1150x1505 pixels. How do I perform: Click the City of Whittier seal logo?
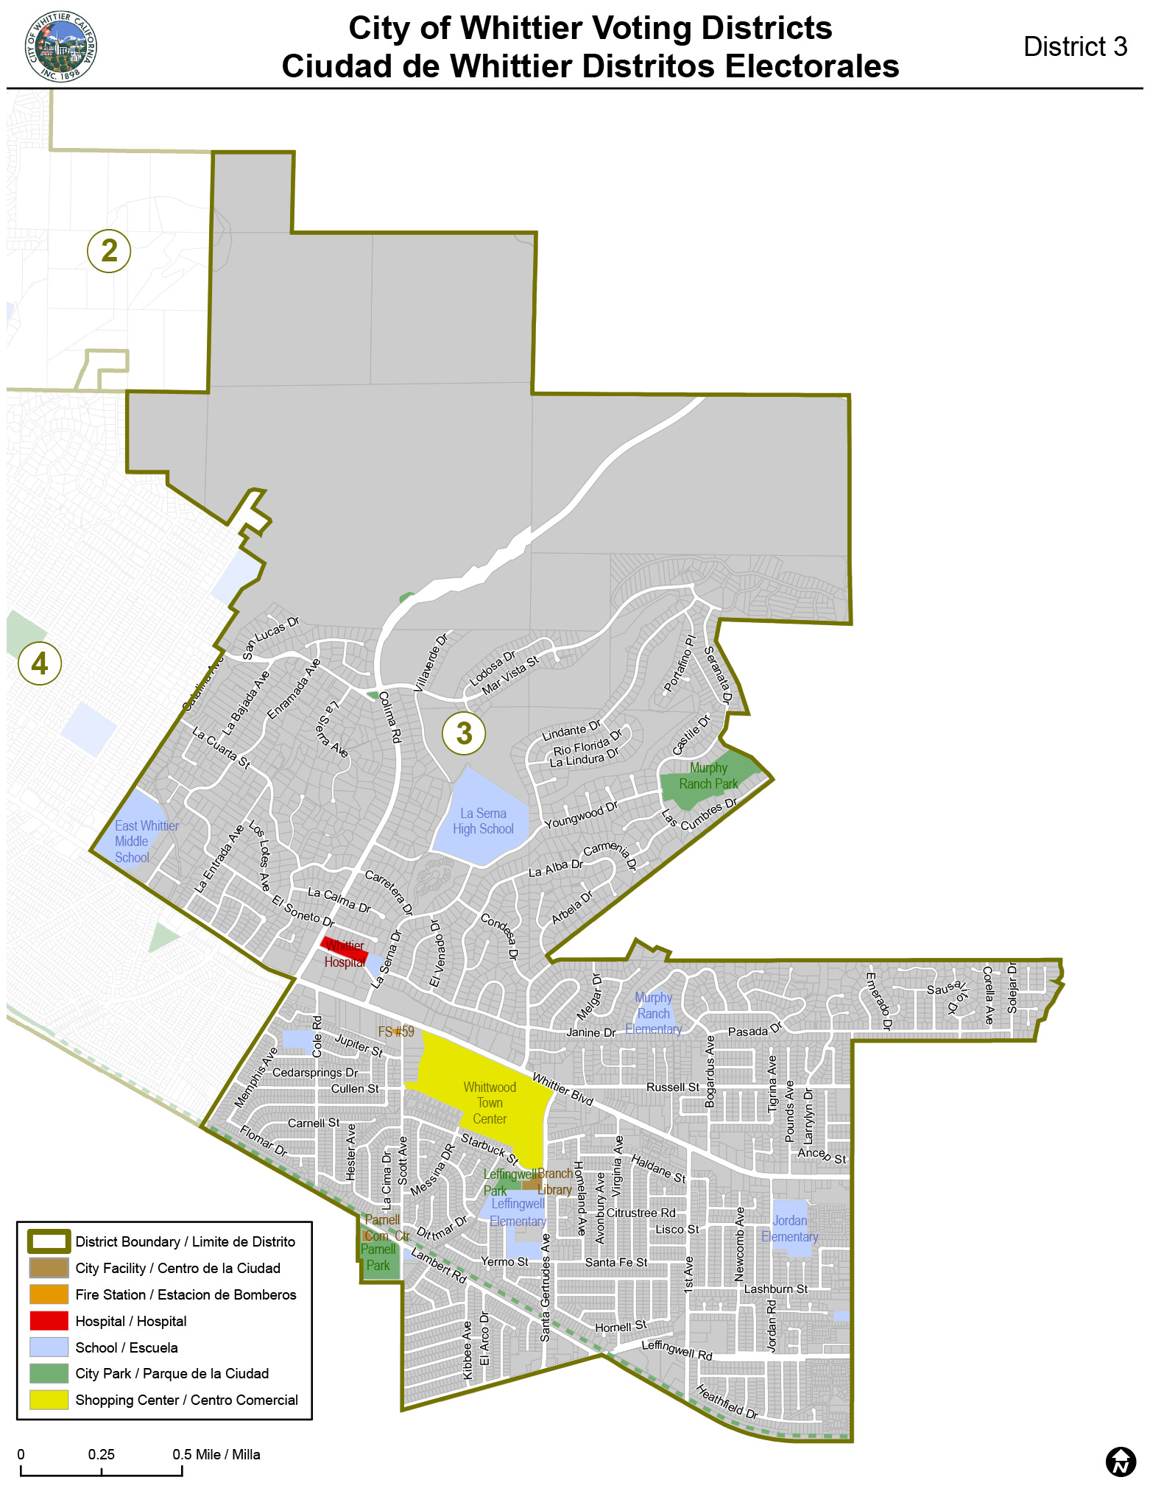pyautogui.click(x=61, y=46)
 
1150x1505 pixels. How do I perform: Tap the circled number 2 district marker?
pyautogui.click(x=109, y=250)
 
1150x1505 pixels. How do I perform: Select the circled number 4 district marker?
pyautogui.click(x=40, y=663)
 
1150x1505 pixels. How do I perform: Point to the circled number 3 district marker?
pyautogui.click(x=464, y=733)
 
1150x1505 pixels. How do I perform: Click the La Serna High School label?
pyautogui.click(x=483, y=821)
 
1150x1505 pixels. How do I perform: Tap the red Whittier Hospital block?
pyautogui.click(x=344, y=950)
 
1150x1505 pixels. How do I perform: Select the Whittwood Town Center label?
pyautogui.click(x=490, y=1103)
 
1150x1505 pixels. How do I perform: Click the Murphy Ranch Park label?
pyautogui.click(x=708, y=776)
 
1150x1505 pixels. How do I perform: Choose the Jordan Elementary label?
pyautogui.click(x=790, y=1229)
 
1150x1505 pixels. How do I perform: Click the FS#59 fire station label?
pyautogui.click(x=396, y=1032)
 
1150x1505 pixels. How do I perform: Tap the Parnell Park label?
pyautogui.click(x=378, y=1258)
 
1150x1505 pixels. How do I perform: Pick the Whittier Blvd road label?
pyautogui.click(x=562, y=1090)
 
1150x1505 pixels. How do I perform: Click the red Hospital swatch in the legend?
pyautogui.click(x=49, y=1321)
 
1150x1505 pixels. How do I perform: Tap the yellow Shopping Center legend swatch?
pyautogui.click(x=49, y=1400)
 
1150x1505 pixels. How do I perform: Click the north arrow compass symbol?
pyautogui.click(x=1121, y=1462)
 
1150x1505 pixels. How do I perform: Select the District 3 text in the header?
pyautogui.click(x=1075, y=47)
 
